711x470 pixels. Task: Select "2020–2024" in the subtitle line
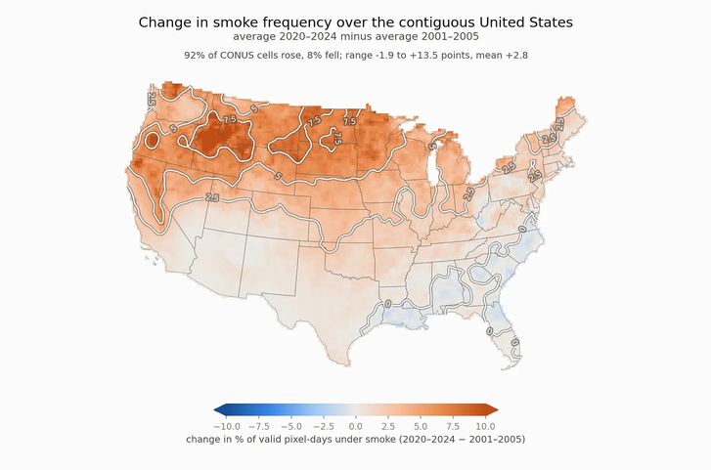point(308,36)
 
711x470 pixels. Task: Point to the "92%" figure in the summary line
point(193,56)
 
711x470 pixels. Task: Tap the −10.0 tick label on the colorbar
point(227,426)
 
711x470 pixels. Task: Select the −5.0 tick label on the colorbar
point(291,426)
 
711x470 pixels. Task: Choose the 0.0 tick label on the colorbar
point(356,426)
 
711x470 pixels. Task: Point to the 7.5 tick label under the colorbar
point(453,426)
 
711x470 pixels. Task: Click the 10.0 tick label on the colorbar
point(486,426)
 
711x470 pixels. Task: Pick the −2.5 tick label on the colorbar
point(324,426)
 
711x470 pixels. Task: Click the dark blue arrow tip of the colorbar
point(215,410)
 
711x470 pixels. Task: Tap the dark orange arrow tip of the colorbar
point(497,410)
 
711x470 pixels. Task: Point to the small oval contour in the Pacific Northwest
point(153,141)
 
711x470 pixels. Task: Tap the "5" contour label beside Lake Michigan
point(432,146)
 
